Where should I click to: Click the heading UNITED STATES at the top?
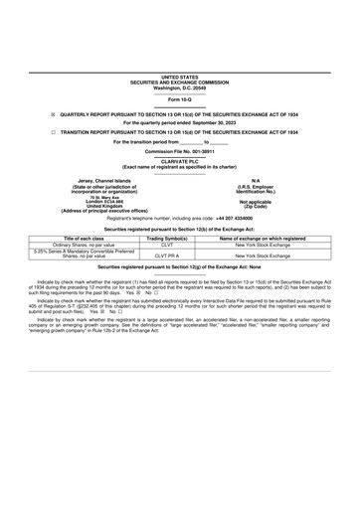click(x=179, y=76)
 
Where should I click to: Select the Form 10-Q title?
click(x=179, y=100)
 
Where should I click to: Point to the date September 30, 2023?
click(x=215, y=122)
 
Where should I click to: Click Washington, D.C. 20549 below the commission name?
click(x=179, y=86)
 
